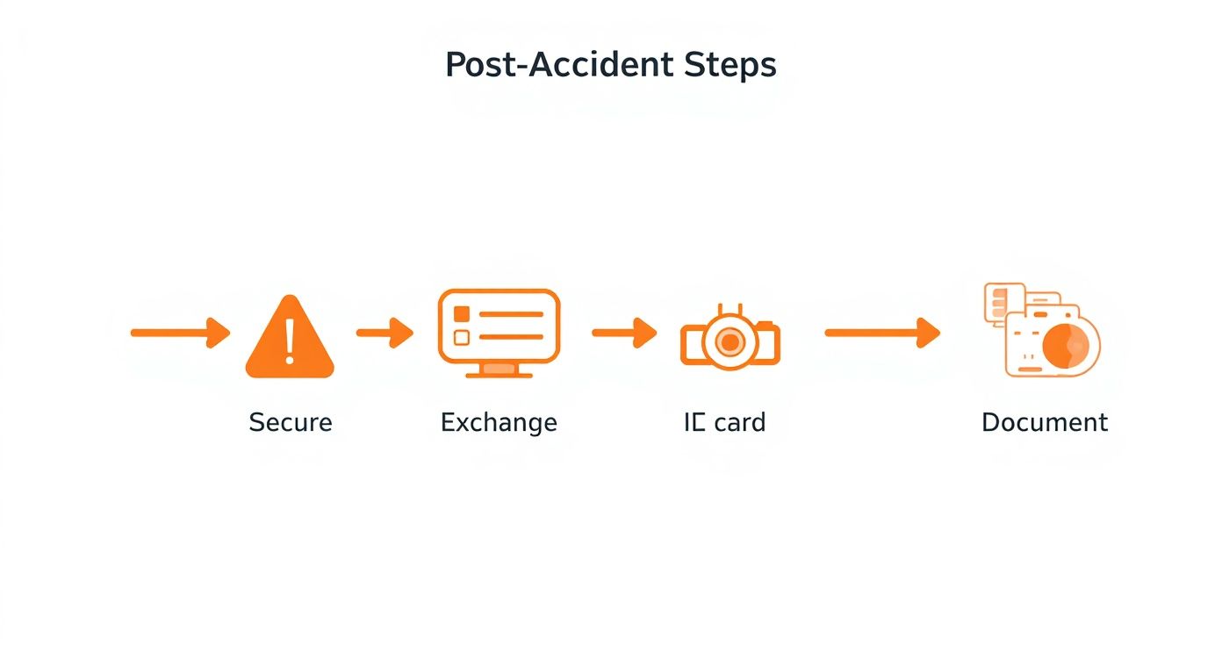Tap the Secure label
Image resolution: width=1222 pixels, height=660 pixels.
(x=291, y=422)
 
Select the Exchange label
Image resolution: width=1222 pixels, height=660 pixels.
(x=499, y=422)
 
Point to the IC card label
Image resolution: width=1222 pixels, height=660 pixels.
(x=724, y=422)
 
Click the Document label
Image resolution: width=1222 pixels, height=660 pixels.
(x=1045, y=422)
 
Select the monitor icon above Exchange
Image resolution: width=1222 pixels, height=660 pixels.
(x=499, y=330)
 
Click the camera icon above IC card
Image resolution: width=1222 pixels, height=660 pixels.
(x=730, y=339)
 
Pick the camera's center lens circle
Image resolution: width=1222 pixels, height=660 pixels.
(x=730, y=342)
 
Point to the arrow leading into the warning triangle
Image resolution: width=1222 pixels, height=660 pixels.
(x=180, y=333)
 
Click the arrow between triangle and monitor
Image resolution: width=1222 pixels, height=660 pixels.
(x=385, y=333)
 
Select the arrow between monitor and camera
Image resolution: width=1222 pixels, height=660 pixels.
(x=624, y=333)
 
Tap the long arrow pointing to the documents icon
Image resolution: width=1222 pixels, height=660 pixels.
(x=882, y=333)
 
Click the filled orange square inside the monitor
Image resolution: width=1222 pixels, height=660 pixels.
(x=462, y=314)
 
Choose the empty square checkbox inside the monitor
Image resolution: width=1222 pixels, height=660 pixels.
(x=462, y=337)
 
